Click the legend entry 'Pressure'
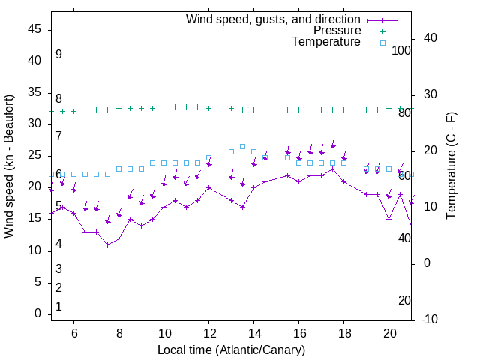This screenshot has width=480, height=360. (x=337, y=31)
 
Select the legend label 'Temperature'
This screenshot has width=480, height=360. (x=326, y=43)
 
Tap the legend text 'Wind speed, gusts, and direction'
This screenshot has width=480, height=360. (x=273, y=19)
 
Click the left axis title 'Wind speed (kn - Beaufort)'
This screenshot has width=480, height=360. (x=9, y=166)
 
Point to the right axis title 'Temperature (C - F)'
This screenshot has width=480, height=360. (x=451, y=166)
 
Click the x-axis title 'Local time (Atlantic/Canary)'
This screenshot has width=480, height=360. (x=231, y=350)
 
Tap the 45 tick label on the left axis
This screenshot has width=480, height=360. (x=34, y=29)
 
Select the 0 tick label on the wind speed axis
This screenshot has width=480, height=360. (x=38, y=313)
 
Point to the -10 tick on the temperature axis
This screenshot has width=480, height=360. (x=430, y=319)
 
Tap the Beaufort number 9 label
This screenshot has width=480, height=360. (x=58, y=55)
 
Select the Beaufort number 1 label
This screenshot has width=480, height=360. (x=58, y=307)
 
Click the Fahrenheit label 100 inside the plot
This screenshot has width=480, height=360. (x=402, y=50)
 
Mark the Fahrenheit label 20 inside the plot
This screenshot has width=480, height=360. (x=404, y=300)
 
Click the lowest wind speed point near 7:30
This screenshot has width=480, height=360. (x=108, y=244)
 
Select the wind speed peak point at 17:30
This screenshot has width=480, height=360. (x=333, y=169)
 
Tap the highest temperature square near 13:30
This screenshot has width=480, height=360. (x=243, y=146)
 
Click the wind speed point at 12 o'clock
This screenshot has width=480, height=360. (x=209, y=187)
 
